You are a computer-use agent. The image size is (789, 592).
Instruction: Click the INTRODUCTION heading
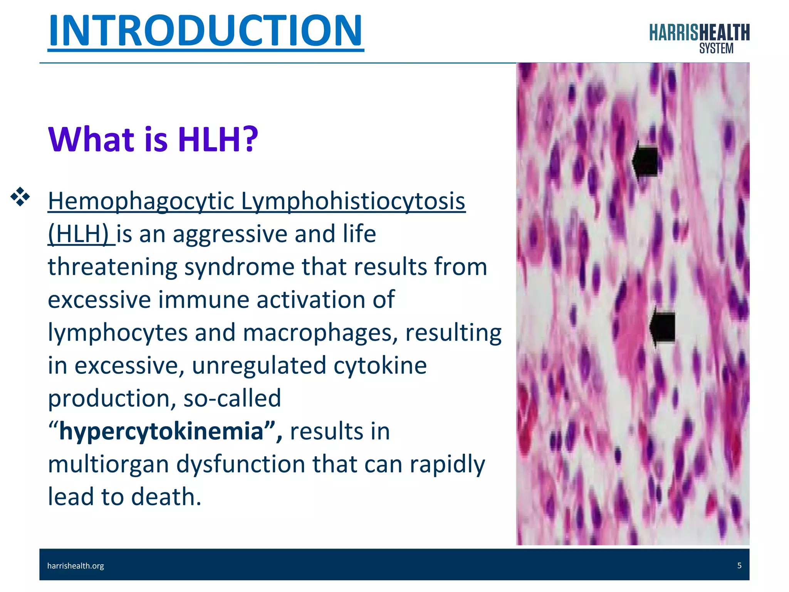tap(205, 31)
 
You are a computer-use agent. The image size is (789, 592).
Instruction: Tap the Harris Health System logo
tap(699, 38)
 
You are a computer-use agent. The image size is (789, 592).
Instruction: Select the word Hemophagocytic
tap(141, 202)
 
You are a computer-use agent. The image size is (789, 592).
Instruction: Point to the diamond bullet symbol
tap(20, 197)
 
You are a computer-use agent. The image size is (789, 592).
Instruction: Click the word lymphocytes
tap(118, 333)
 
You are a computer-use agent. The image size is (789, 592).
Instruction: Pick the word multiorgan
tap(108, 464)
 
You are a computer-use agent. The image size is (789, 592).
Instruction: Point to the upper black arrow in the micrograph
tap(645, 161)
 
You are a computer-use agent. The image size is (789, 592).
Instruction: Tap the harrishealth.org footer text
tap(76, 566)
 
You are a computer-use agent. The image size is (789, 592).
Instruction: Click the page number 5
tap(739, 565)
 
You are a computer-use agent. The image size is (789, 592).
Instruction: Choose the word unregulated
tap(259, 365)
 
